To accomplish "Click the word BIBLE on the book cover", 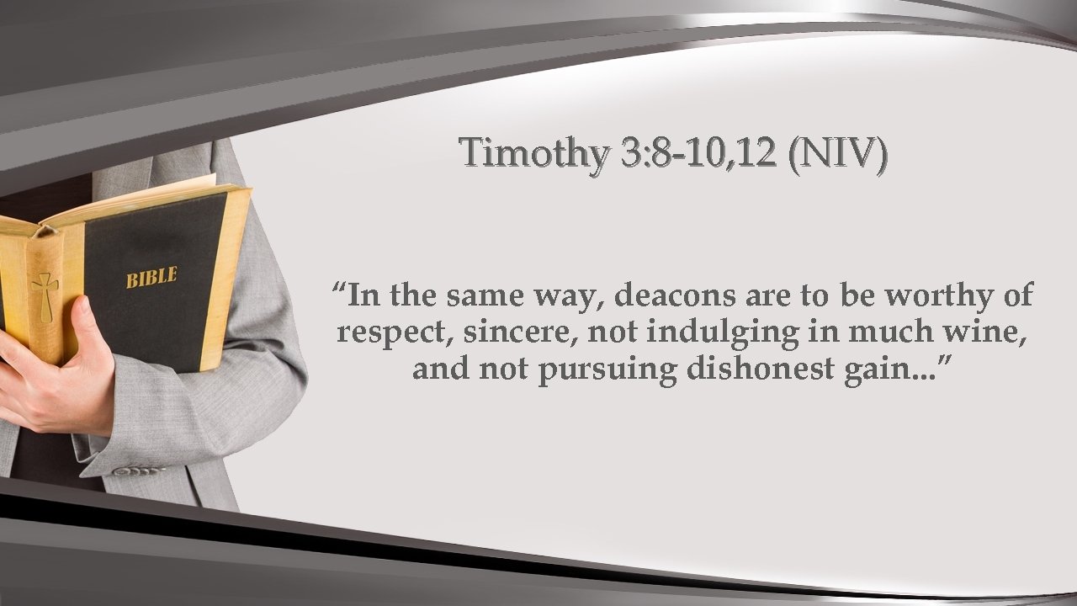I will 151,277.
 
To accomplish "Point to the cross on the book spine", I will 43,295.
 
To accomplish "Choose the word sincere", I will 521,333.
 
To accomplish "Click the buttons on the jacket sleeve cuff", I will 139,470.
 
